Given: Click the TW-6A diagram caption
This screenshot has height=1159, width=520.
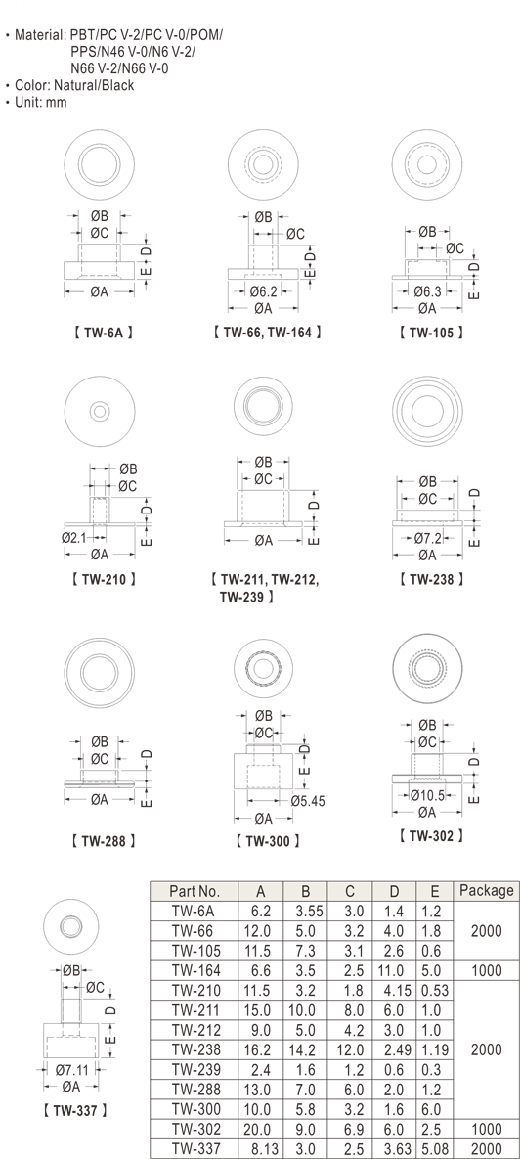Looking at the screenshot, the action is [x=104, y=333].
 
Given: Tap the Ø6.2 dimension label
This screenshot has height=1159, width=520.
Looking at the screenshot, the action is [x=263, y=291].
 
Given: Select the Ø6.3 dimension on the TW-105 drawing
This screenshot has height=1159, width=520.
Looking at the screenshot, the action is [x=427, y=291].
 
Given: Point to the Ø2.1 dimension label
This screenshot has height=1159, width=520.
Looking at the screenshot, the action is [x=75, y=537].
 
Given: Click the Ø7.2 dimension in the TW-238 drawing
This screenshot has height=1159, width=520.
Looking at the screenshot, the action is [x=427, y=537].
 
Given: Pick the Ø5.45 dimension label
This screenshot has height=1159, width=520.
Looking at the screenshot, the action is [x=308, y=800].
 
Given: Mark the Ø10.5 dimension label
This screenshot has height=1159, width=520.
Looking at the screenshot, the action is [x=428, y=795].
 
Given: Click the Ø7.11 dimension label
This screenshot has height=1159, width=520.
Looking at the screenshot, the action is [x=72, y=1069].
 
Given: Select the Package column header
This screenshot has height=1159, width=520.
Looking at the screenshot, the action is [x=486, y=891].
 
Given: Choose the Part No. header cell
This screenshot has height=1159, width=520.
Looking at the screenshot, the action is [x=195, y=891].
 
